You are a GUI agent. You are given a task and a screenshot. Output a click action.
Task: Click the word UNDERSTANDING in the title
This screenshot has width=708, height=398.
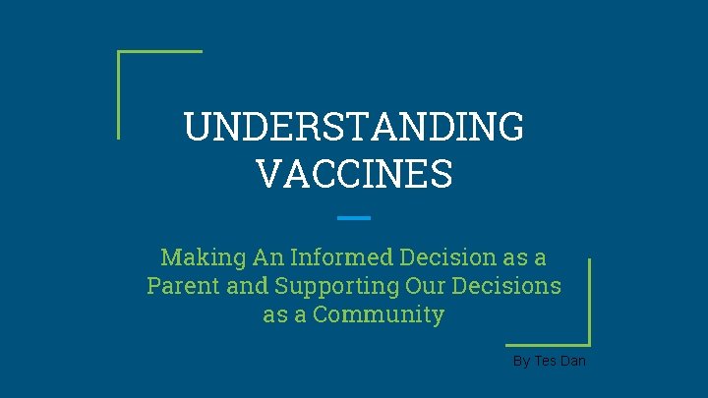354,128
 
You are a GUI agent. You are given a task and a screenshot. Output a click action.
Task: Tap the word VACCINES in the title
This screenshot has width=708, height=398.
354,174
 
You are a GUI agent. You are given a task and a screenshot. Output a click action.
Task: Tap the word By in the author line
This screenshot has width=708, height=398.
522,362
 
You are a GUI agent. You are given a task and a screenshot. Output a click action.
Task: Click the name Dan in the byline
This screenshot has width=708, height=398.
574,362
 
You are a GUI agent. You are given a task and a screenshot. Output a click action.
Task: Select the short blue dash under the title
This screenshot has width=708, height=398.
354,217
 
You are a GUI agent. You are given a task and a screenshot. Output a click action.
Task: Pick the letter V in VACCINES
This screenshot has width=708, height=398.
268,174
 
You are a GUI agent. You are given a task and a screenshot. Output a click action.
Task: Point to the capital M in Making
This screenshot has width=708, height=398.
171,257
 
